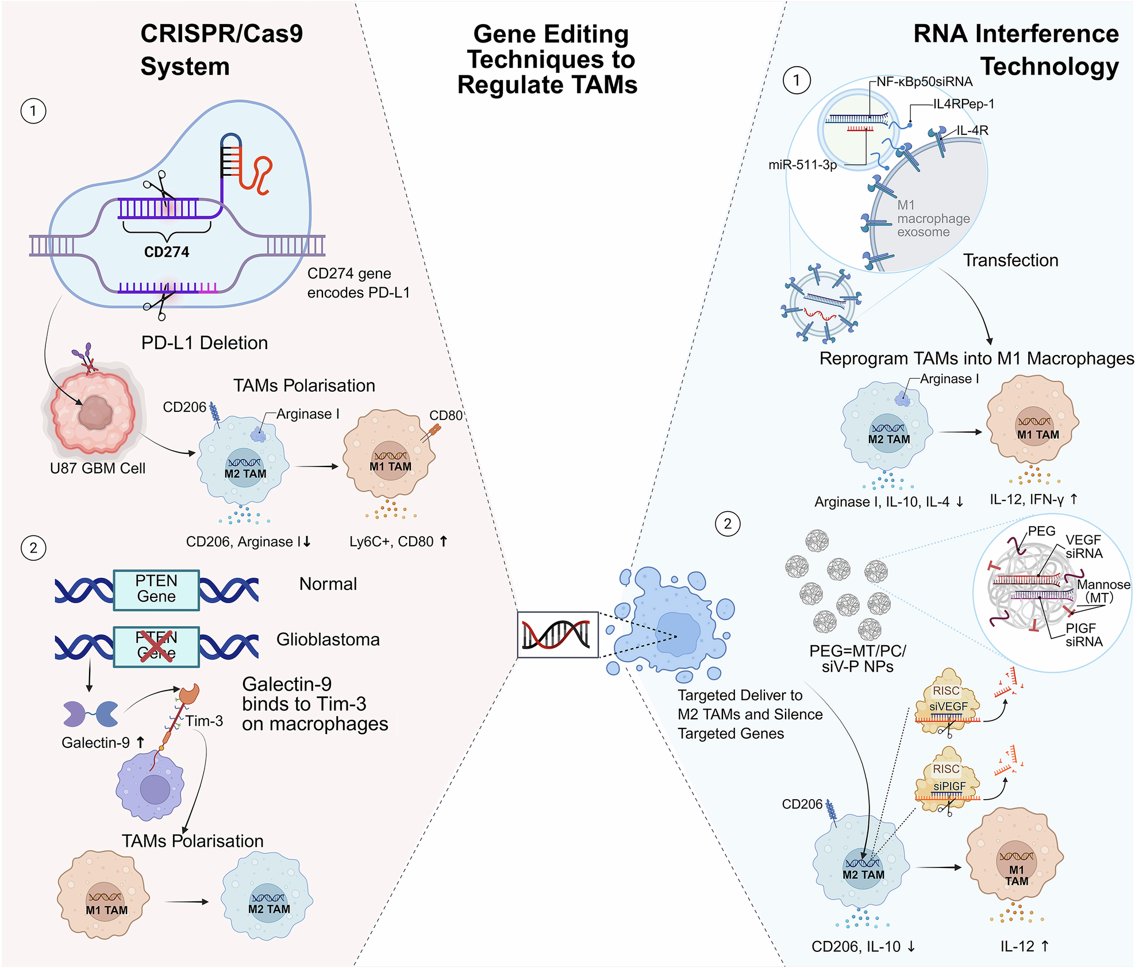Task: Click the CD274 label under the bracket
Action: (167, 252)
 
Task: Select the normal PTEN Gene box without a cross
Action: (156, 589)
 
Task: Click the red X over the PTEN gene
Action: (156, 645)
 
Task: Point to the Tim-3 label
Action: (204, 721)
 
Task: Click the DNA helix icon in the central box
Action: (557, 634)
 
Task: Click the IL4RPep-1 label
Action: (963, 104)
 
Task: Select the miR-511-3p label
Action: (802, 165)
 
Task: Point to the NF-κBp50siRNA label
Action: (924, 82)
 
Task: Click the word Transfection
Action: (1010, 260)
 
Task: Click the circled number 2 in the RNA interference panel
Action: (728, 523)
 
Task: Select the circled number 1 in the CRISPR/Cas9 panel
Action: (33, 111)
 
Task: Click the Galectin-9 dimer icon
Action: (91, 714)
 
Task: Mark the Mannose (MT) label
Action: (1103, 591)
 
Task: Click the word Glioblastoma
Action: (328, 639)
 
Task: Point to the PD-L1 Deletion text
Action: (205, 343)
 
